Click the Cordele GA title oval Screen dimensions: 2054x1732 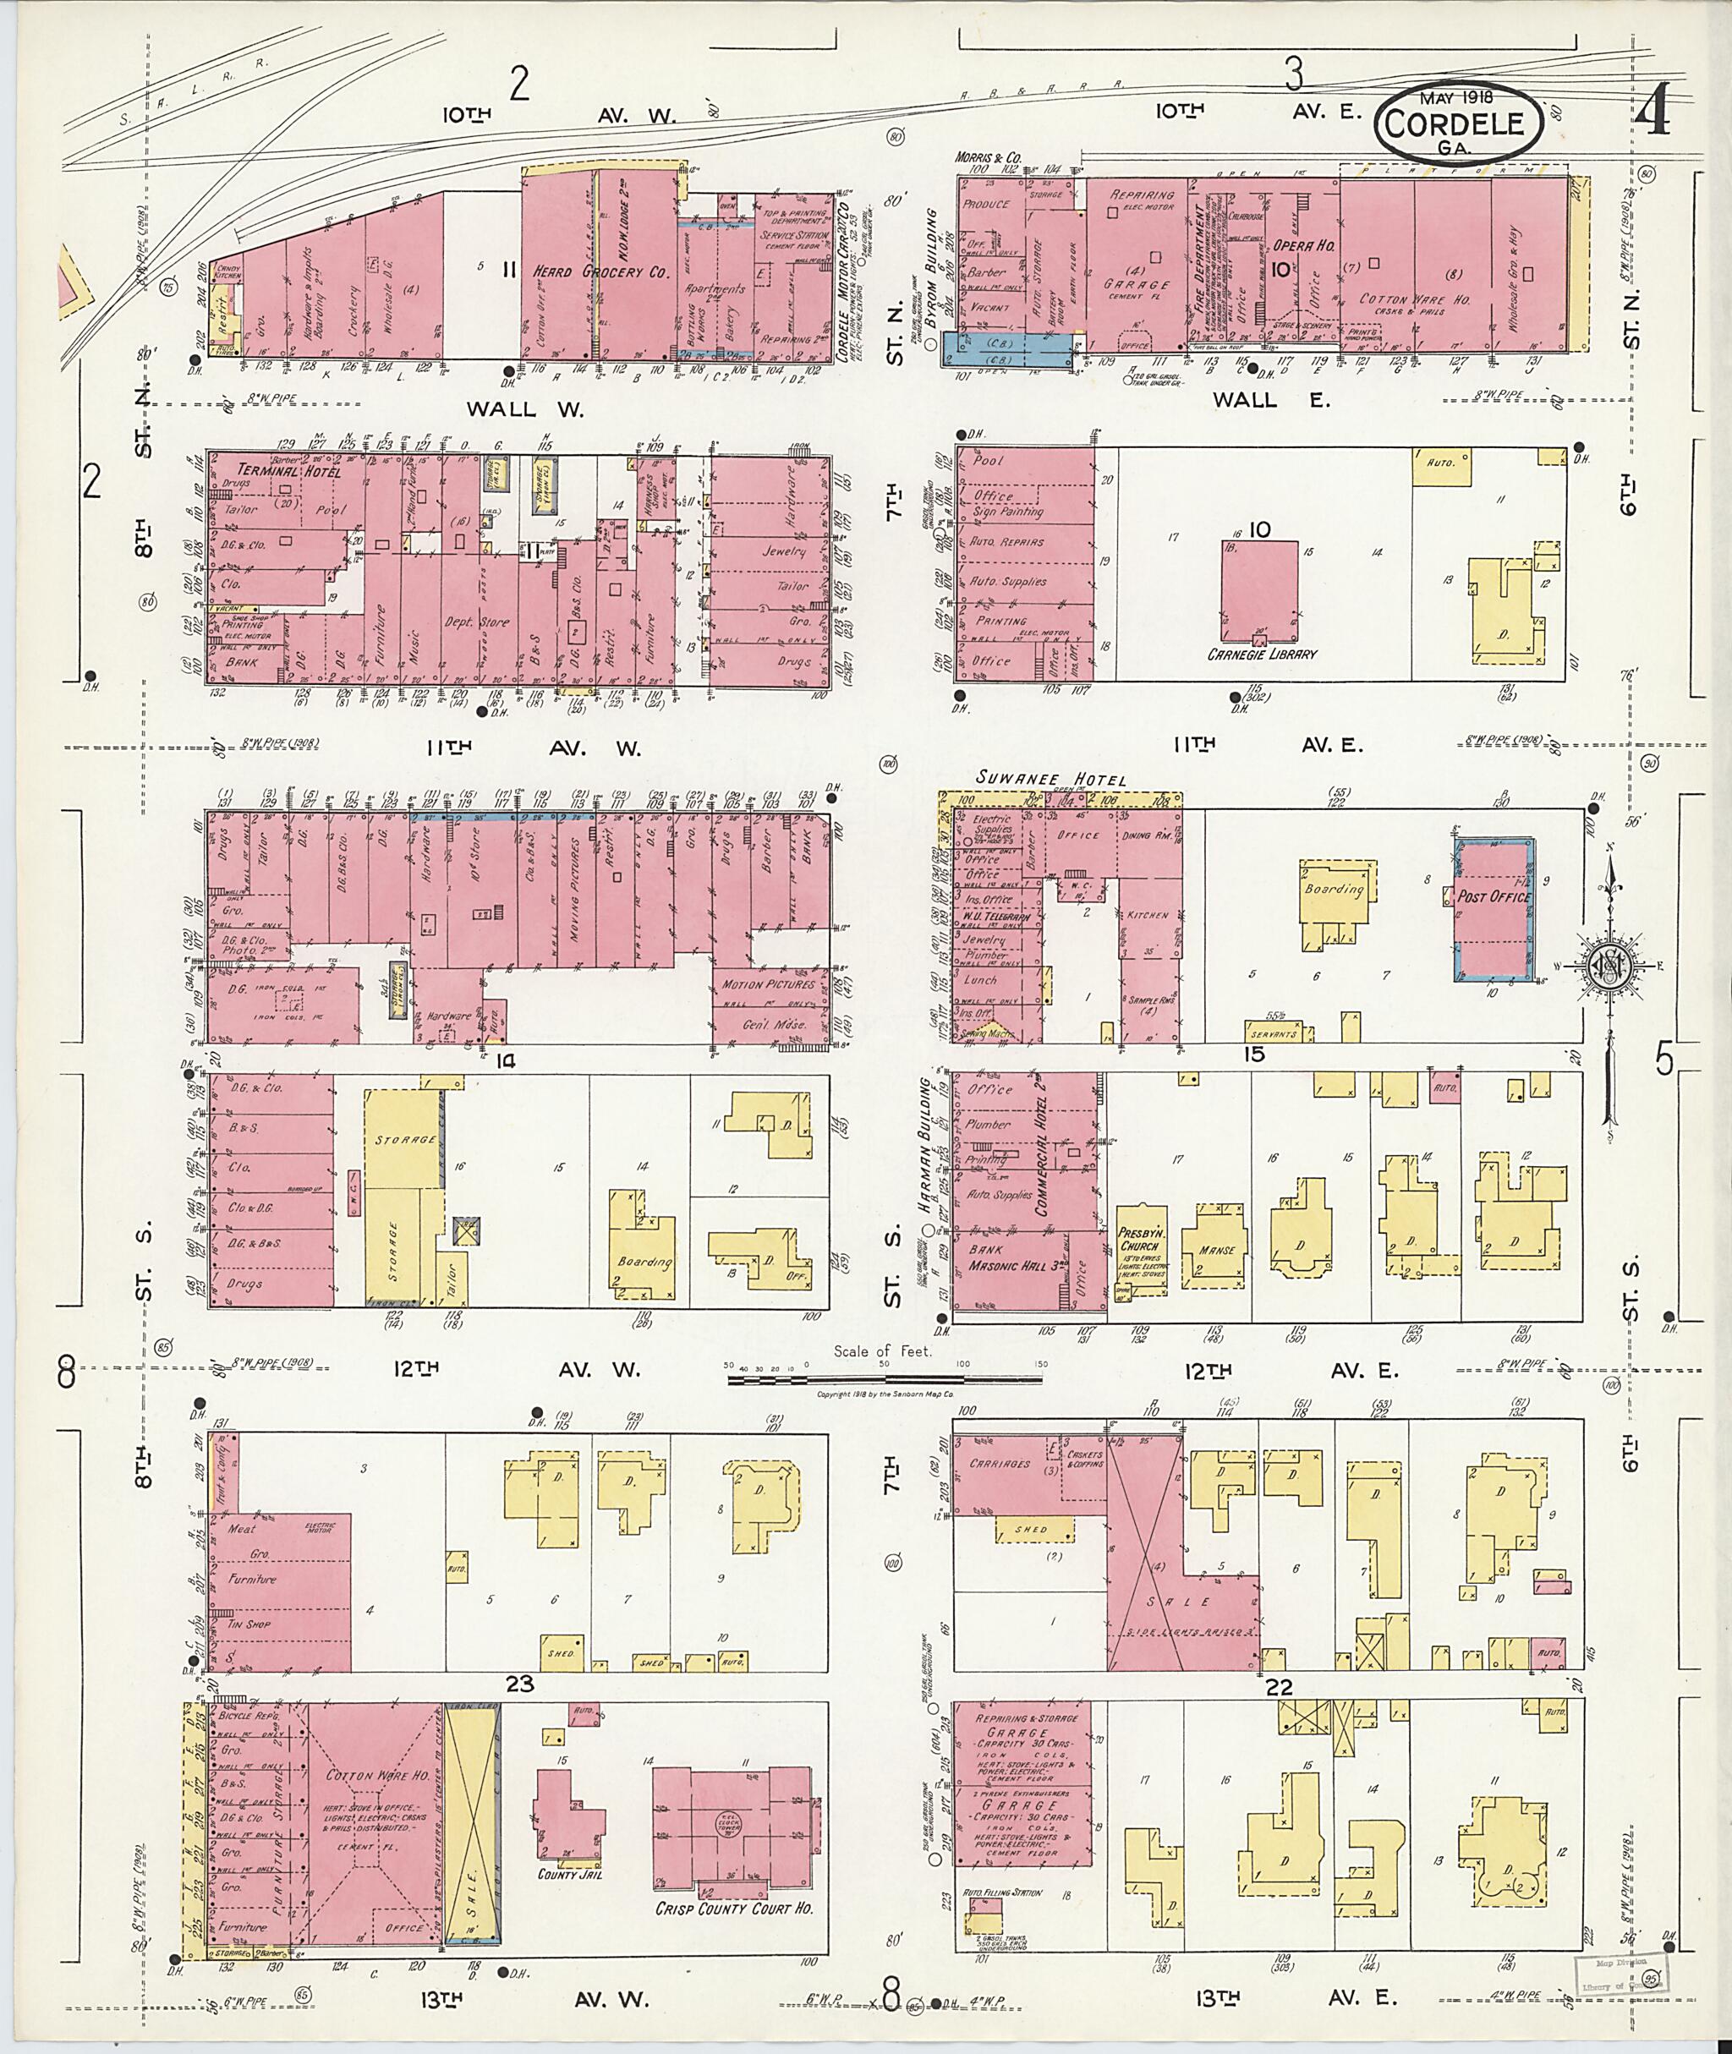(x=1457, y=122)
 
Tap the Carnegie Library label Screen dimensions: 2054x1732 (x=1261, y=653)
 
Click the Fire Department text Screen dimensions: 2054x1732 (x=1200, y=265)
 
